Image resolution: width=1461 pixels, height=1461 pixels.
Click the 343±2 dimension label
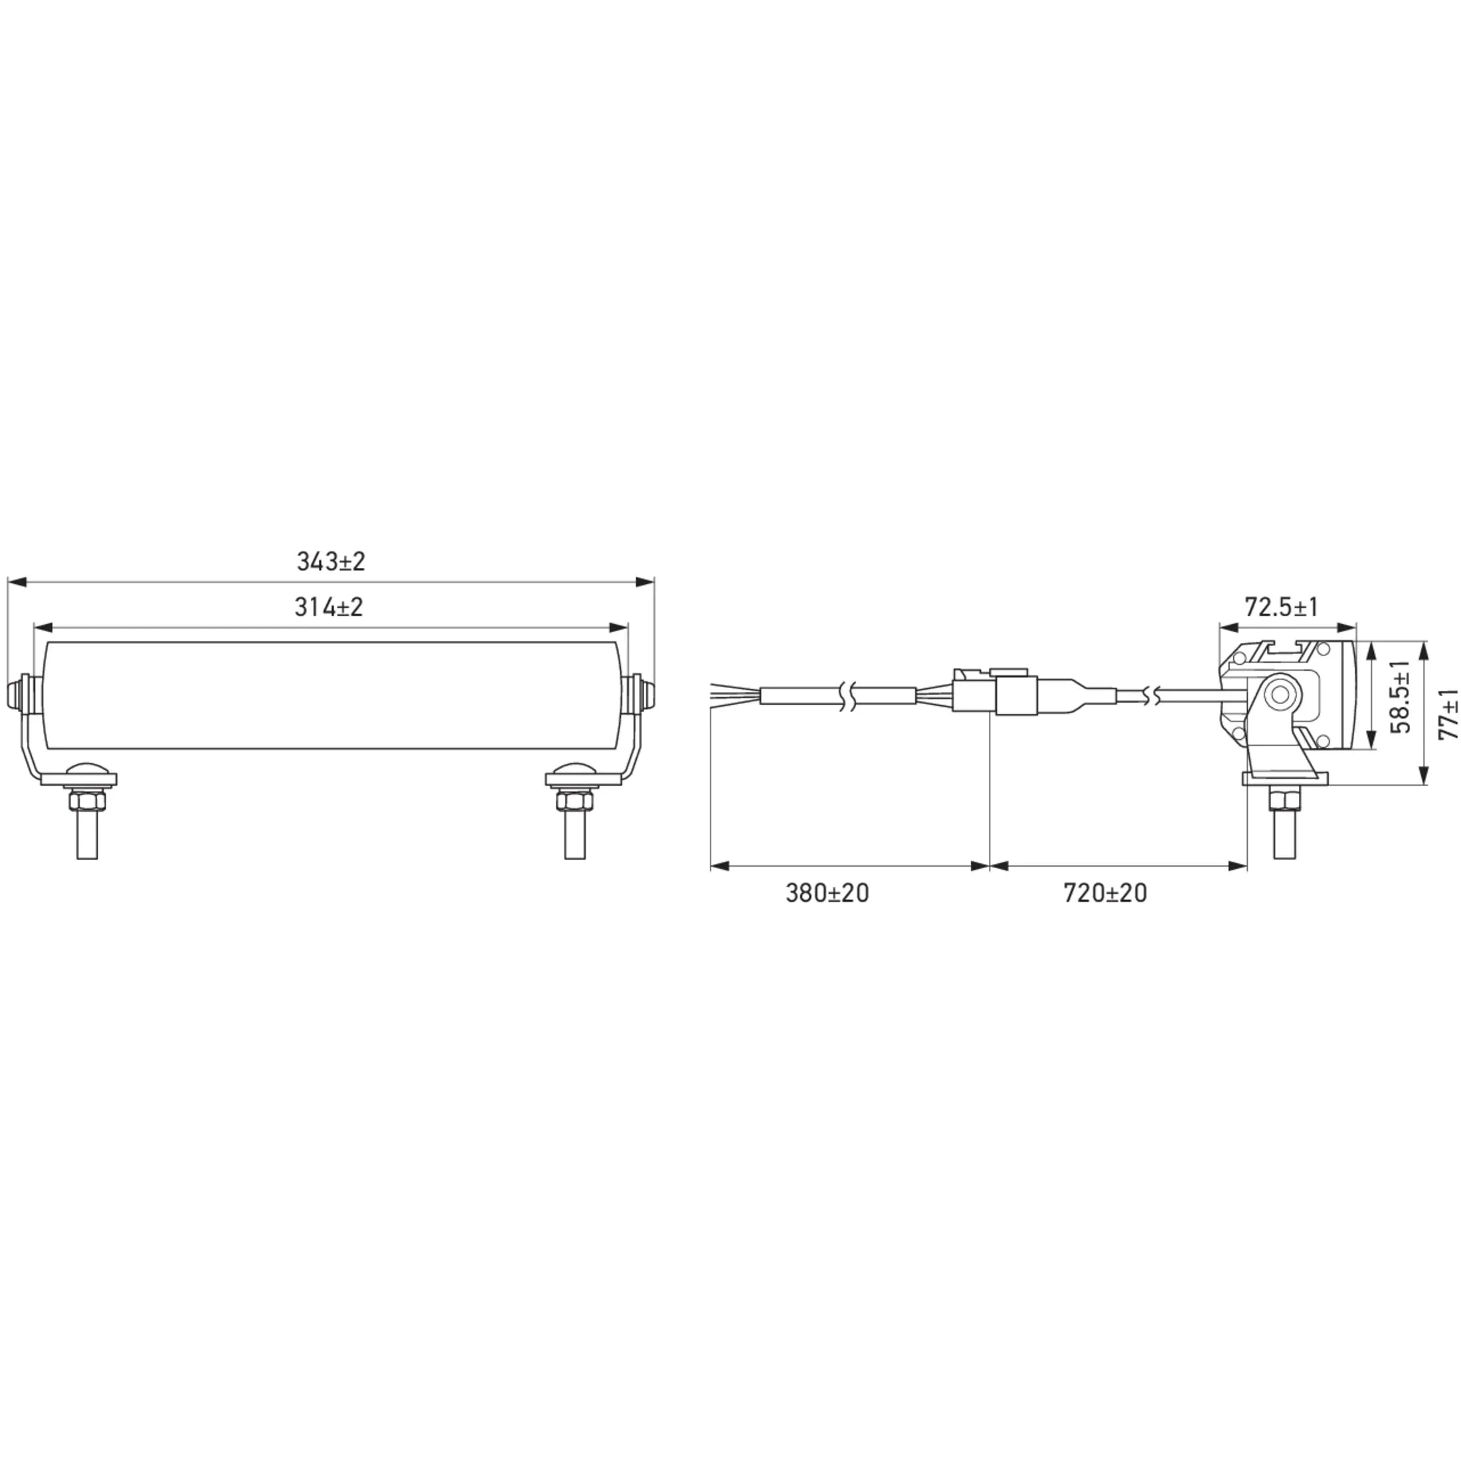(331, 562)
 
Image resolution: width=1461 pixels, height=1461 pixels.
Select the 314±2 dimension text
(329, 607)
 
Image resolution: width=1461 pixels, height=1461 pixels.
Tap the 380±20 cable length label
(827, 893)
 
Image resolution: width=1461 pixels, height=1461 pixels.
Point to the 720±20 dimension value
(1106, 893)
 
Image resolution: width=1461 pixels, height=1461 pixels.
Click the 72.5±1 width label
(1281, 606)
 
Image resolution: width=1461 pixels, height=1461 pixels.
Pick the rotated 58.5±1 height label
(1400, 697)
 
